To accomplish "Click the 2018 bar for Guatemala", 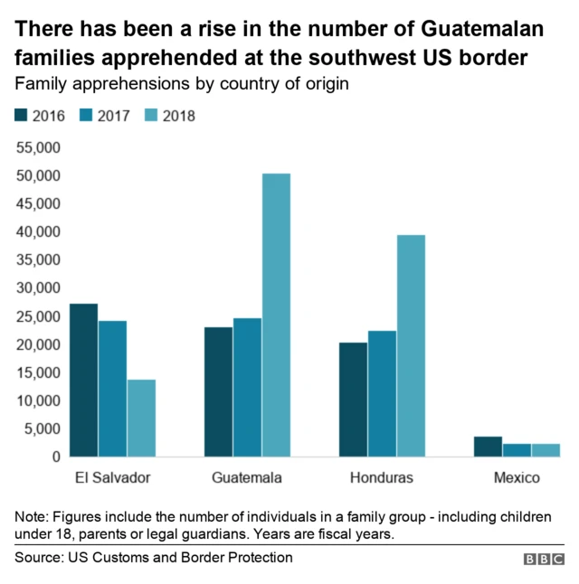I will [x=276, y=315].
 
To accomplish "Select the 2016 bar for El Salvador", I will [x=83, y=380].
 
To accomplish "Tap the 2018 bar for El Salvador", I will [x=141, y=418].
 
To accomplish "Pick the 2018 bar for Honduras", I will [x=411, y=345].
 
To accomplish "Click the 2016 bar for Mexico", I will [x=488, y=447].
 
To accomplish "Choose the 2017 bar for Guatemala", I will [x=247, y=387].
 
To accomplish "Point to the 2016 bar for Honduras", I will [x=353, y=400].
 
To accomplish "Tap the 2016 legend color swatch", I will [x=21, y=115].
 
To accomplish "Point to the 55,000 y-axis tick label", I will [x=38, y=147].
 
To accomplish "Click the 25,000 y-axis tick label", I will [x=38, y=316].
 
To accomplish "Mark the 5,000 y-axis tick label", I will [x=43, y=429].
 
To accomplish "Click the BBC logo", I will [x=543, y=560].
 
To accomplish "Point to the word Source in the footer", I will [x=37, y=558].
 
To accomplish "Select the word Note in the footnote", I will [x=30, y=517].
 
